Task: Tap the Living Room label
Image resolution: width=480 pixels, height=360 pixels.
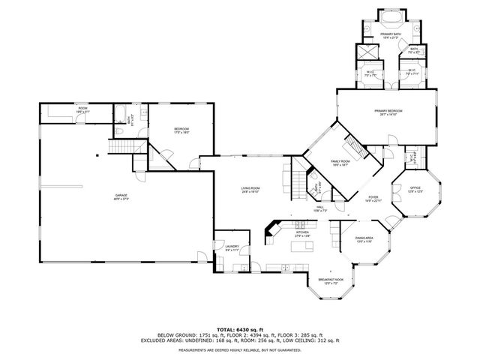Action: (x=250, y=189)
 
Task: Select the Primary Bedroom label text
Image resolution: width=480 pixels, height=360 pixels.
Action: (x=385, y=112)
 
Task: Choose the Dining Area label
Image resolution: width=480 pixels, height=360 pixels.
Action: (x=364, y=238)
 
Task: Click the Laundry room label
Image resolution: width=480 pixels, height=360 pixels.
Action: (x=232, y=247)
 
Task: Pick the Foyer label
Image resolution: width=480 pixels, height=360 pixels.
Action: (x=373, y=198)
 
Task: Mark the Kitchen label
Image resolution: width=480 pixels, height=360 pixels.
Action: (x=302, y=233)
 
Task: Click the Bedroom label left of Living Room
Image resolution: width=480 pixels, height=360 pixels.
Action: (x=181, y=130)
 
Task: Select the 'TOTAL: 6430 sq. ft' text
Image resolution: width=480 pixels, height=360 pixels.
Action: (x=240, y=329)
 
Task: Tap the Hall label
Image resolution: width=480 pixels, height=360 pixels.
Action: (x=319, y=208)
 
